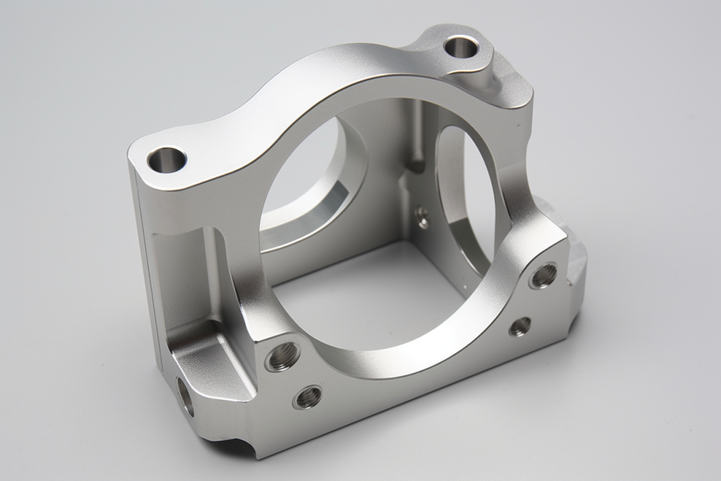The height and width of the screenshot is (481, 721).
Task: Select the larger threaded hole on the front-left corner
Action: pyautogui.click(x=281, y=356)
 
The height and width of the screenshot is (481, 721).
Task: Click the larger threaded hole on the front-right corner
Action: pyautogui.click(x=544, y=275)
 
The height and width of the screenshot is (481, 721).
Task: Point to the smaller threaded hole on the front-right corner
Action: pyautogui.click(x=519, y=326)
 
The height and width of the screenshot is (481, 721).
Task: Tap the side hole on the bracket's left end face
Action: pyautogui.click(x=185, y=395)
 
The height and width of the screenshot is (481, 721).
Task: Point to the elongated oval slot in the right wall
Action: pyautogui.click(x=462, y=194)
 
